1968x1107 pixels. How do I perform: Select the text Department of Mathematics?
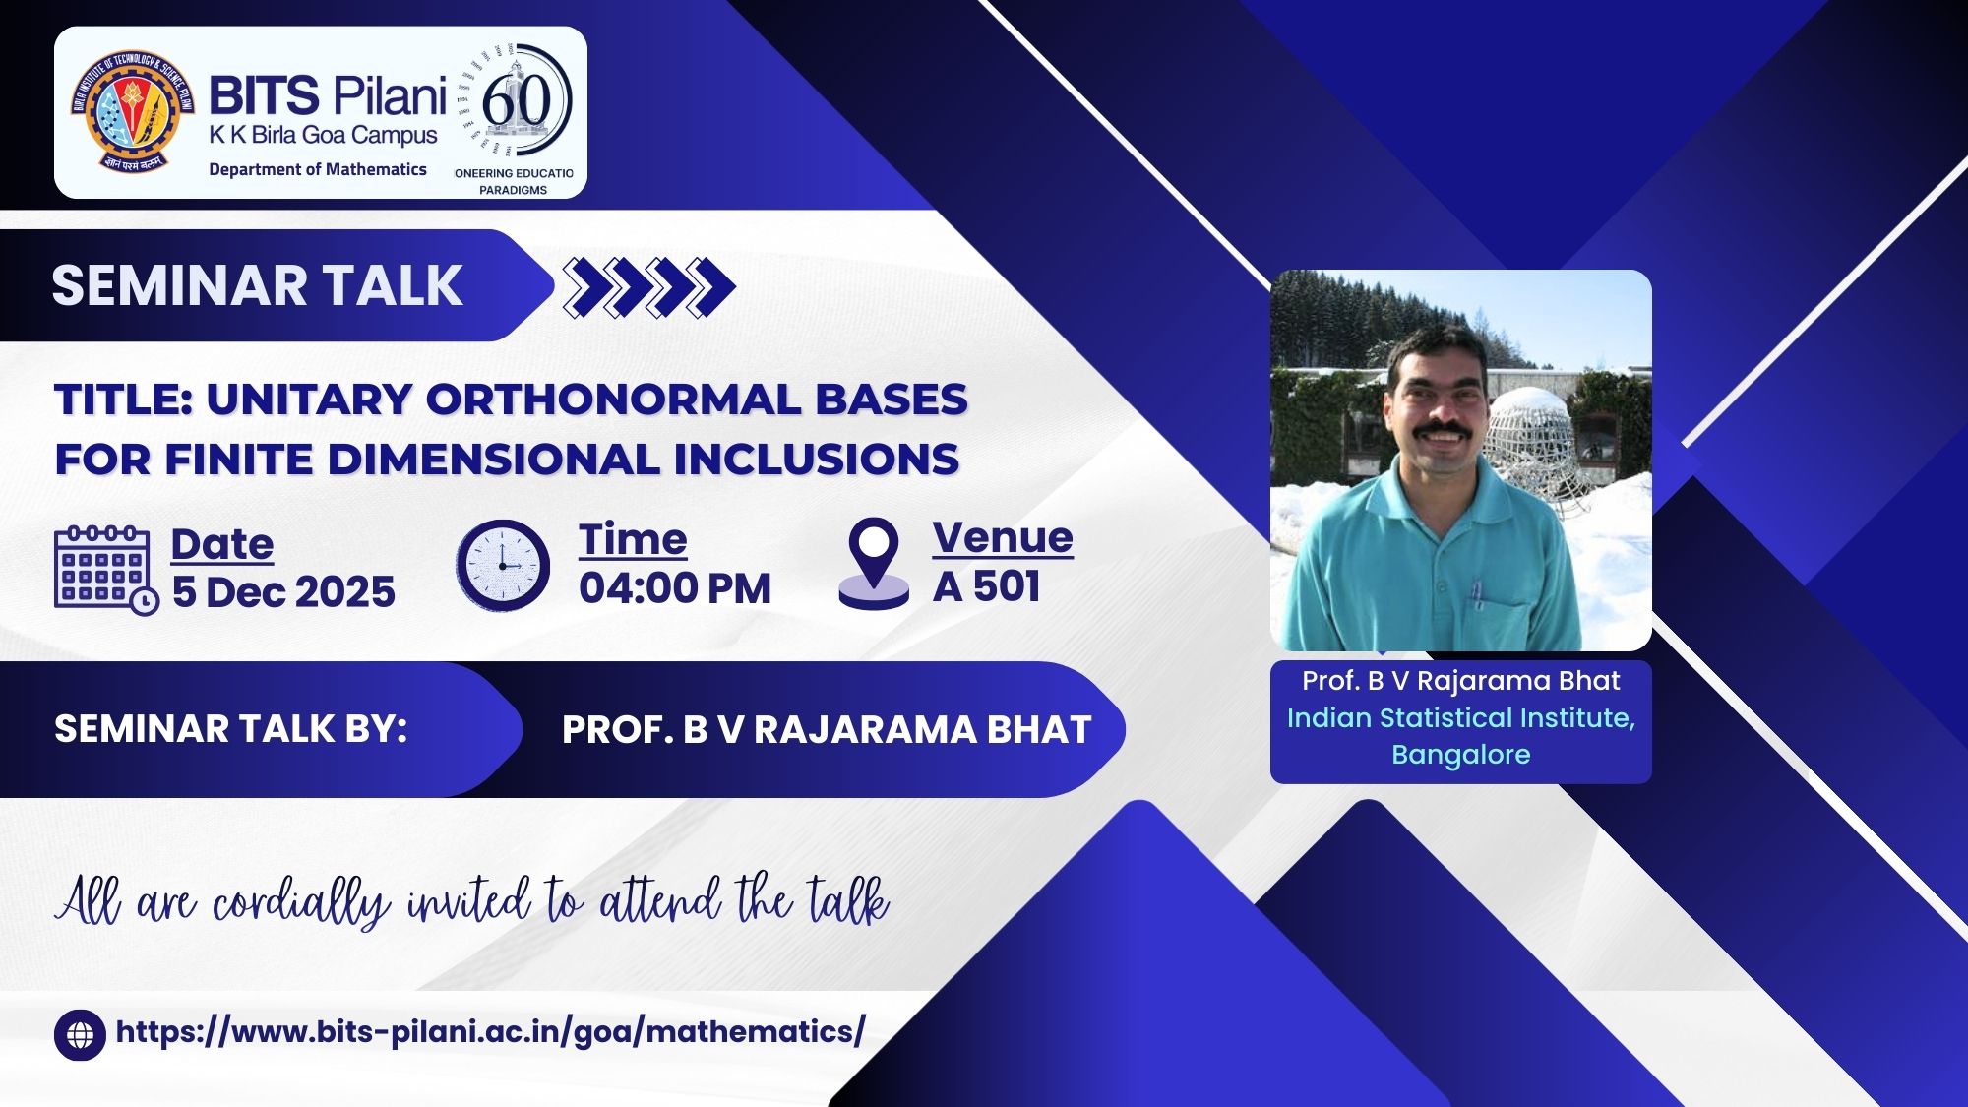point(318,169)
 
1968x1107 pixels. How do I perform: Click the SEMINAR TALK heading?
point(257,285)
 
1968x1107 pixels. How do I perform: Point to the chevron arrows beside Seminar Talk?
point(649,286)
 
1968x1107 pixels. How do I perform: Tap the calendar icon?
point(105,571)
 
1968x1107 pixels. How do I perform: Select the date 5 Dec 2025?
point(283,592)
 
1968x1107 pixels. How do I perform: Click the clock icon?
point(503,566)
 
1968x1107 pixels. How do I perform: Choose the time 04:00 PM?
point(675,588)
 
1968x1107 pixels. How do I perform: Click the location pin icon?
point(874,564)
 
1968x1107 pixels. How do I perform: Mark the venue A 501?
point(987,586)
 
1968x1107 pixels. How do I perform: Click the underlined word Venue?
point(1003,538)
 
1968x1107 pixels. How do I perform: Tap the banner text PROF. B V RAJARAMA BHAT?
point(827,730)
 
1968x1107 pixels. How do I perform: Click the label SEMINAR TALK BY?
point(230,729)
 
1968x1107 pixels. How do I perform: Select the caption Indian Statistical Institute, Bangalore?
point(1461,736)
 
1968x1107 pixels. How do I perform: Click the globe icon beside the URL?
point(80,1035)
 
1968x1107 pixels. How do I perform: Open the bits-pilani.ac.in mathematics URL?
point(490,1032)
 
